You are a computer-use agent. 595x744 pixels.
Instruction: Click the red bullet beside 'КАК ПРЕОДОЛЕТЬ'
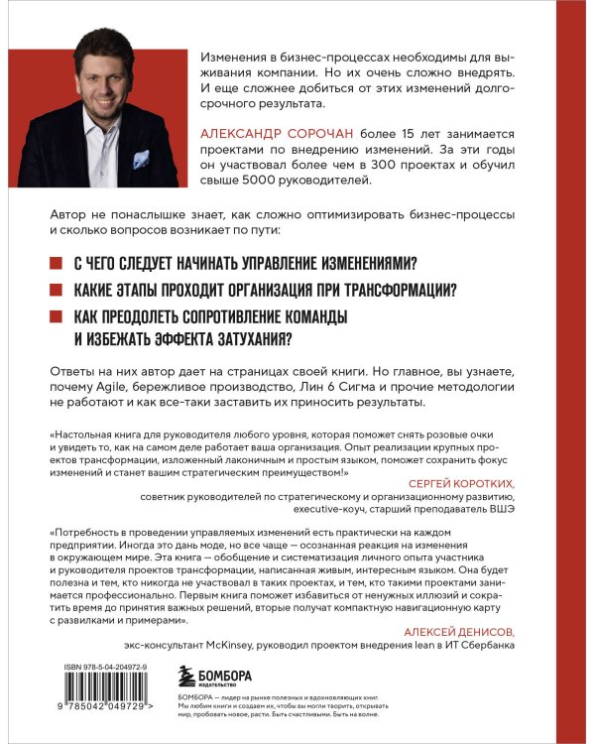pos(54,316)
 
